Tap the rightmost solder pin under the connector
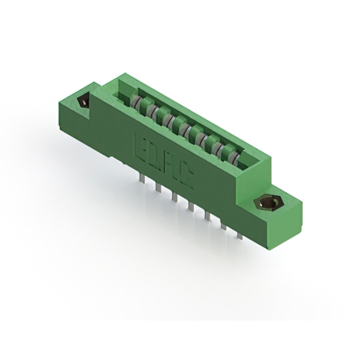tap(240, 235)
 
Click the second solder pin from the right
tap(224, 226)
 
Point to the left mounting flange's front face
tap(73, 115)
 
